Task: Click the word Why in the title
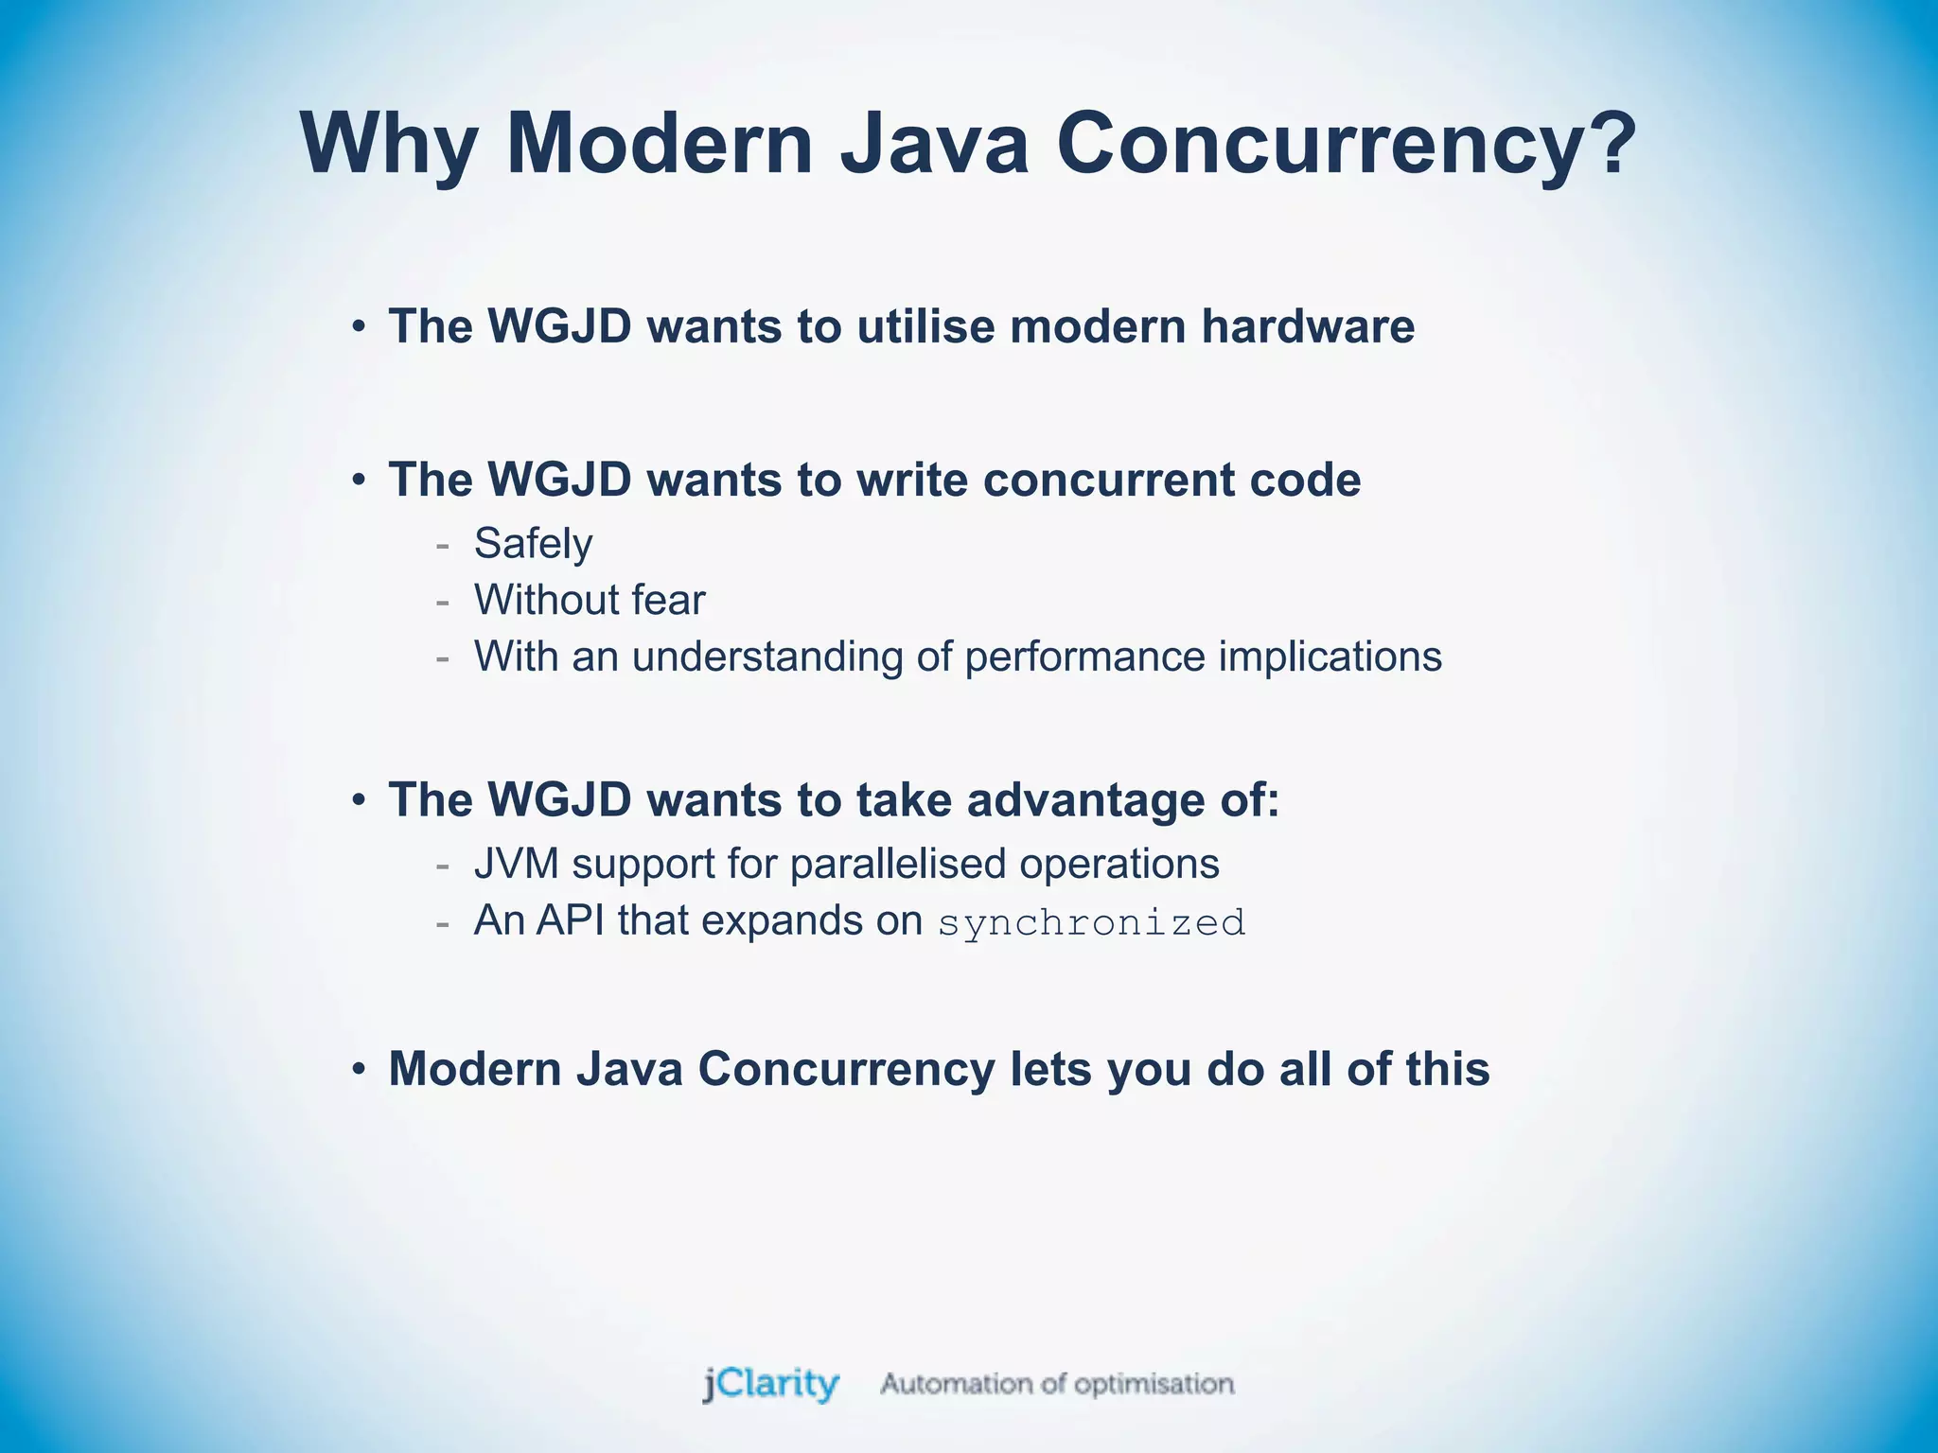tap(389, 144)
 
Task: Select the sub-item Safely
tap(533, 544)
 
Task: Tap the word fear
tap(668, 600)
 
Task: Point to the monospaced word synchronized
tap(1091, 922)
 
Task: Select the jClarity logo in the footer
tap(771, 1384)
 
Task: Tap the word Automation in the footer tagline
tap(956, 1384)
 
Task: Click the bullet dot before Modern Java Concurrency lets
tap(358, 1070)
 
